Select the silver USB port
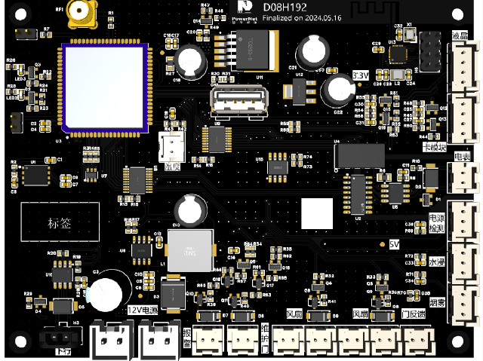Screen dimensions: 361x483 click(x=226, y=102)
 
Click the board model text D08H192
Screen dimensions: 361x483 click(x=285, y=7)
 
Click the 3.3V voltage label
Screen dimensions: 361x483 click(x=361, y=76)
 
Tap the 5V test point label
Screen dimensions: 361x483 click(x=392, y=244)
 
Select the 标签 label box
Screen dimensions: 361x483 click(x=59, y=223)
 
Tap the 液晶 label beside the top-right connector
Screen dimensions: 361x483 click(x=459, y=35)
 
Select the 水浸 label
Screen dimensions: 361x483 click(x=437, y=262)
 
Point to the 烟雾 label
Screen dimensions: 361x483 click(x=437, y=303)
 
